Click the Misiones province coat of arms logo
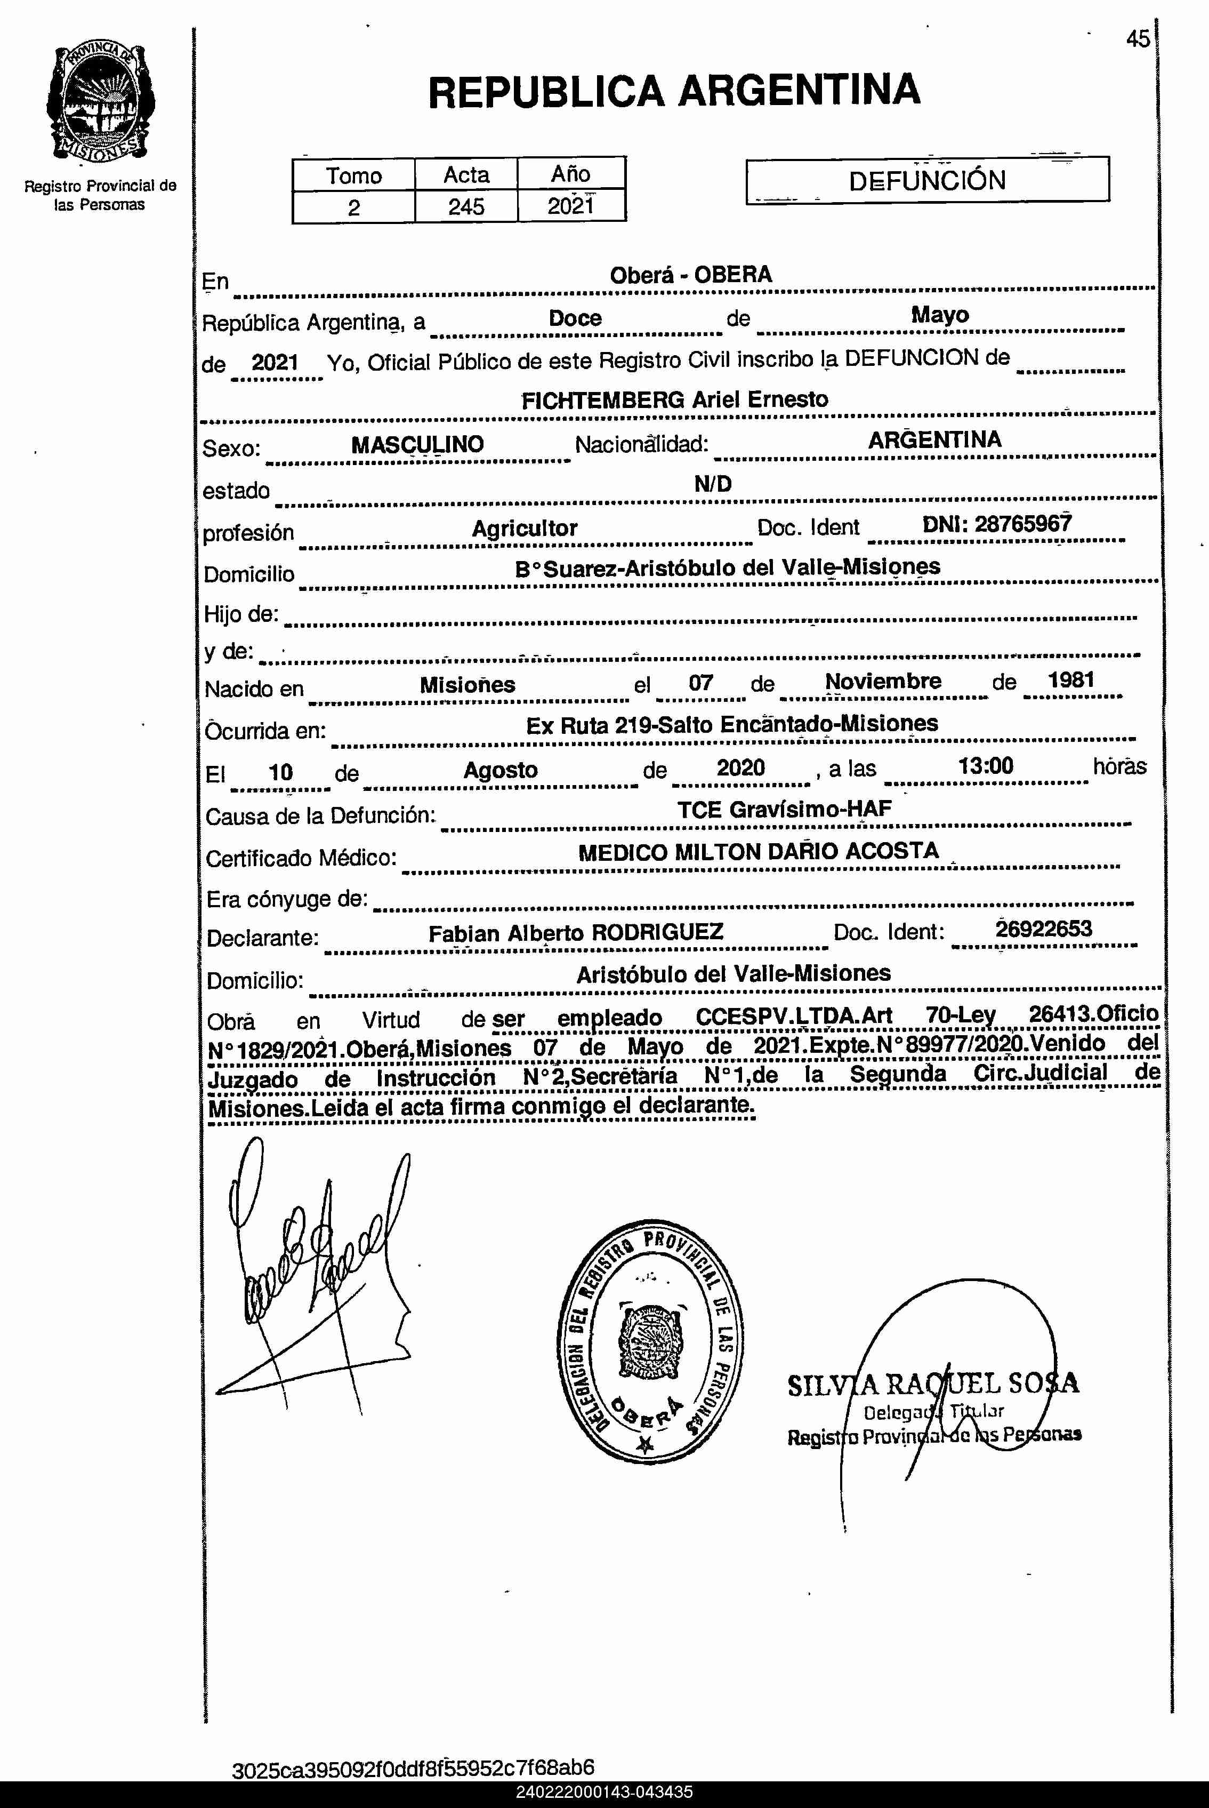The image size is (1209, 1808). (x=100, y=102)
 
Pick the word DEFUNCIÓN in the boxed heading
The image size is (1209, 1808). (x=927, y=180)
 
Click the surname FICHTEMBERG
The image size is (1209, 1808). (x=603, y=399)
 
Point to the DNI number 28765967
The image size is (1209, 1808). (x=1022, y=524)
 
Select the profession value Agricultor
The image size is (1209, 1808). (x=525, y=529)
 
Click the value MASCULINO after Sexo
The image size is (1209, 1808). (x=417, y=444)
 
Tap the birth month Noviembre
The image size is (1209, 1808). (x=883, y=681)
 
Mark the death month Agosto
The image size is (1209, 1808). (x=501, y=770)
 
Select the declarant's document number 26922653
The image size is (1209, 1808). (x=1043, y=929)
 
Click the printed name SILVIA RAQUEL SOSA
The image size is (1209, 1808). (x=933, y=1385)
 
